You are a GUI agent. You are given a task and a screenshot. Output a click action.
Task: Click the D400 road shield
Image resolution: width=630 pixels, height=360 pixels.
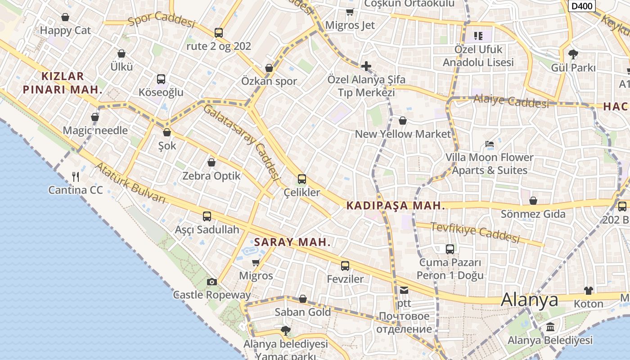[582, 6]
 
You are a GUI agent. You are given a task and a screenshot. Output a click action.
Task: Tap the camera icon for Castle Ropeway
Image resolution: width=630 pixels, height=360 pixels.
[211, 282]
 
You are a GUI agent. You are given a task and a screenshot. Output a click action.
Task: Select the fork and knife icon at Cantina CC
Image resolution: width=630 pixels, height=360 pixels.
[76, 176]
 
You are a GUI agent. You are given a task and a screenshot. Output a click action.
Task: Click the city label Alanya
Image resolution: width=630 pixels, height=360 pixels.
[530, 300]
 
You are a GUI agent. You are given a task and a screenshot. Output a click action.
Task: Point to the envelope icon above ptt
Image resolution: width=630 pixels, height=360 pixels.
[404, 290]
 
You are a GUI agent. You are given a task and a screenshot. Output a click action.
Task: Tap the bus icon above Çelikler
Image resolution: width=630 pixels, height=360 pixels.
[302, 179]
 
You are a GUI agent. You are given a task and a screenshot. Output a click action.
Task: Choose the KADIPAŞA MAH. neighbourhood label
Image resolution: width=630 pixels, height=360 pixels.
[396, 206]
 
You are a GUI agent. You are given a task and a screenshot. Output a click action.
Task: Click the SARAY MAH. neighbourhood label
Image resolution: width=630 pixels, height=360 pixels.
[292, 242]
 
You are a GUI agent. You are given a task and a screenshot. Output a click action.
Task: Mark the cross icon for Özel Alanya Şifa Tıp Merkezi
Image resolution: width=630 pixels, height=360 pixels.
[366, 67]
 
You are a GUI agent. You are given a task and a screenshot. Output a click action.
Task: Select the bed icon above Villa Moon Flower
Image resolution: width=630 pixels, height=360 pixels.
[490, 144]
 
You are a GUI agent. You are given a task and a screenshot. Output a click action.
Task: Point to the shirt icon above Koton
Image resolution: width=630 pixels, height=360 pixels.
[589, 290]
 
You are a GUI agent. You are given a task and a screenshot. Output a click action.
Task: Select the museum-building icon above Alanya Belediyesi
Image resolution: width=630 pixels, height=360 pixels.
[550, 327]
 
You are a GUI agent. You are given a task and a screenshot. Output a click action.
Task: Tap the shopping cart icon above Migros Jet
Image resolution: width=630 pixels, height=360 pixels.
[350, 12]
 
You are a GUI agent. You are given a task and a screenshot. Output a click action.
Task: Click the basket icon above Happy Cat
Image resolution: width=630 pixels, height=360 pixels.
[65, 18]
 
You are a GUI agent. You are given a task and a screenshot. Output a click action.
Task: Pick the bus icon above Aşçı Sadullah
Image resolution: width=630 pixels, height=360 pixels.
[207, 216]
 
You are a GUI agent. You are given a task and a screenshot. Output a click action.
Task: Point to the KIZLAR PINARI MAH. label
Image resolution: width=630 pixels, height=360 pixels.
[62, 82]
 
